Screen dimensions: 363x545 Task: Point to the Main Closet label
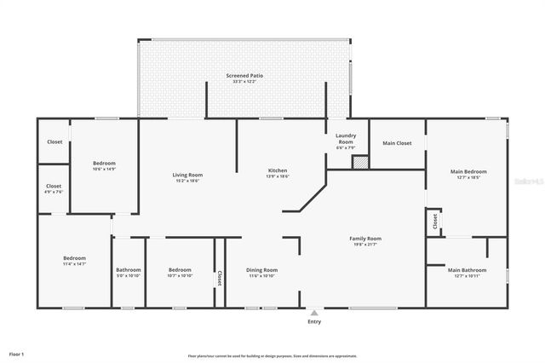(x=397, y=143)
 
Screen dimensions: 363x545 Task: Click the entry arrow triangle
(x=314, y=313)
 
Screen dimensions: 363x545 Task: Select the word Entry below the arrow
(x=314, y=322)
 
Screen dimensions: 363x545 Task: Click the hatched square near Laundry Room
(x=360, y=162)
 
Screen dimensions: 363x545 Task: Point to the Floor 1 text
(x=17, y=353)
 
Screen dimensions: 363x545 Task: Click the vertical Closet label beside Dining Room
(x=220, y=278)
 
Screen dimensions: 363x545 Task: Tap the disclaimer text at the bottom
(x=272, y=355)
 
